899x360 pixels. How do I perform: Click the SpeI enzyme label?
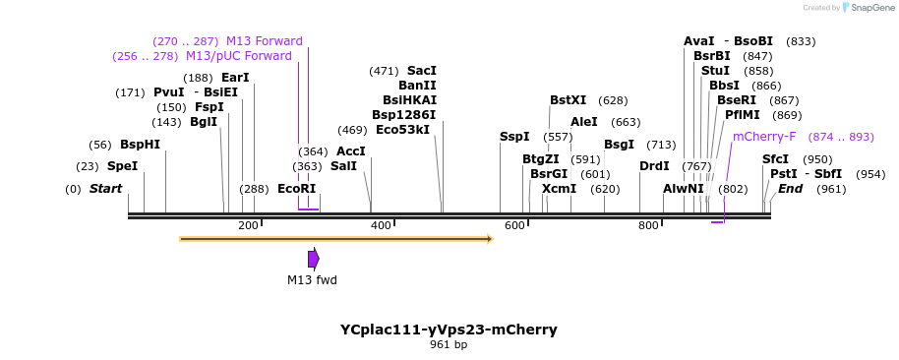point(122,166)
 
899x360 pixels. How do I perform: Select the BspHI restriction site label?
point(140,145)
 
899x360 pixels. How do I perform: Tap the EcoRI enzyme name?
point(296,189)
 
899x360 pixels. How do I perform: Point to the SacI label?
point(421,71)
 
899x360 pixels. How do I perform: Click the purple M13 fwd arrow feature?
point(313,259)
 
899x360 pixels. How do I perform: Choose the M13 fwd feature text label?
point(312,280)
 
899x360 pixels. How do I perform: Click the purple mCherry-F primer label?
point(764,137)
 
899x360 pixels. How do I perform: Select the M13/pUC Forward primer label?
point(239,56)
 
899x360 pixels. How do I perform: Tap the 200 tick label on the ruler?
point(248,226)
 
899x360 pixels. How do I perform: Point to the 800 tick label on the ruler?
point(647,226)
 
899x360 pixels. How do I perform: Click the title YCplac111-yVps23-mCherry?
point(449,330)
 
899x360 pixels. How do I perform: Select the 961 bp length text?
point(449,345)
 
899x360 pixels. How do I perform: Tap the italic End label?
point(791,189)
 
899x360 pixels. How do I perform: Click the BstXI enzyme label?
point(568,100)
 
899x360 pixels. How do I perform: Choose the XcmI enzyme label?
point(559,189)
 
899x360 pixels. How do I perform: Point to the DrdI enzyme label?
point(654,166)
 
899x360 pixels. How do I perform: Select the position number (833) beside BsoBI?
point(801,41)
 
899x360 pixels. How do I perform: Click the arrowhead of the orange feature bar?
point(489,238)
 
